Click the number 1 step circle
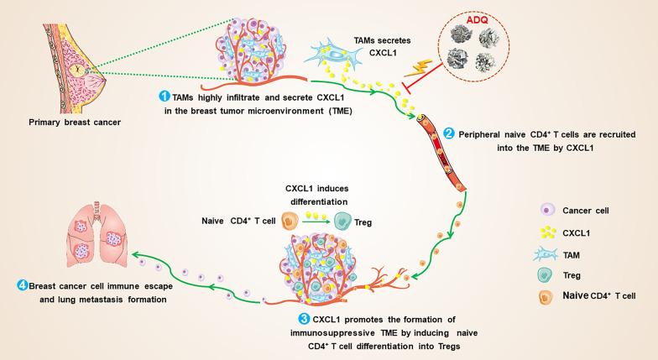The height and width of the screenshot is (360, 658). click(x=164, y=97)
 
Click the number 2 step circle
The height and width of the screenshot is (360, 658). click(x=450, y=133)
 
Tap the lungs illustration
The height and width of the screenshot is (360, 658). click(x=96, y=236)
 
